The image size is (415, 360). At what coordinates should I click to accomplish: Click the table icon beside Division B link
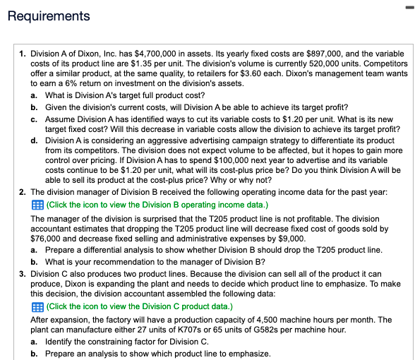click(x=37, y=205)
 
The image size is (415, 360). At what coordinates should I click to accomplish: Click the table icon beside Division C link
click(x=37, y=306)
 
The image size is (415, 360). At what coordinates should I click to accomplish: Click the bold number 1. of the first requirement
click(x=23, y=54)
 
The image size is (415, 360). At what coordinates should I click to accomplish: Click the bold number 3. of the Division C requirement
click(x=23, y=272)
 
